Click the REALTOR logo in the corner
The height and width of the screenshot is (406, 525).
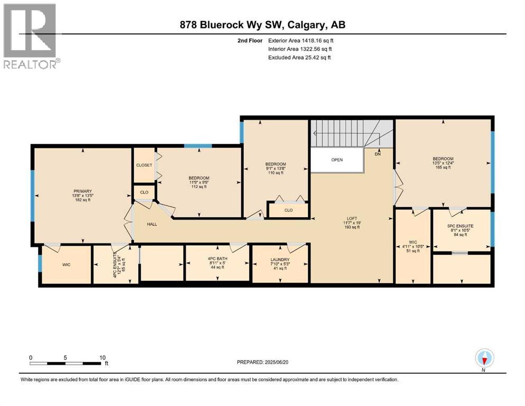pyautogui.click(x=31, y=36)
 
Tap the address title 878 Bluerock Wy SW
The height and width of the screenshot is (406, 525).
pyautogui.click(x=263, y=25)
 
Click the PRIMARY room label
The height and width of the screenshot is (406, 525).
pyautogui.click(x=83, y=191)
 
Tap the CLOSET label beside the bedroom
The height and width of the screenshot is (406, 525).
pyautogui.click(x=144, y=165)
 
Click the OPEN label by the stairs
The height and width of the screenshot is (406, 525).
pyautogui.click(x=337, y=160)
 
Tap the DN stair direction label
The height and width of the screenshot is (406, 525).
pyautogui.click(x=377, y=154)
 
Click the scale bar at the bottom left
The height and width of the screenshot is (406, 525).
pyautogui.click(x=67, y=363)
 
